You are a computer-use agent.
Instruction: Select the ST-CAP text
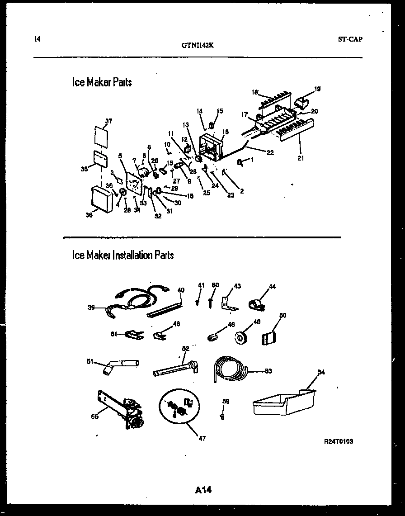[350, 39]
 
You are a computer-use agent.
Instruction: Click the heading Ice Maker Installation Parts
[122, 255]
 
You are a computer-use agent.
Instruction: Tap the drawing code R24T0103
[339, 441]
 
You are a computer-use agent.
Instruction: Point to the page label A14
[204, 489]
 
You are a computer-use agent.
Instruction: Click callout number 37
[108, 121]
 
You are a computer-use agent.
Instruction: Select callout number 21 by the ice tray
[301, 158]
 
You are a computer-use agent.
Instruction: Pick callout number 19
[317, 90]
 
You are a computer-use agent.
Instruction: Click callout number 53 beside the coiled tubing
[268, 371]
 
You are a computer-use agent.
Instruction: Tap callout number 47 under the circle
[202, 438]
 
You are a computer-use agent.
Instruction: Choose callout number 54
[321, 372]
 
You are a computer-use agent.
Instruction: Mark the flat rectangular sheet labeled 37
[102, 136]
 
